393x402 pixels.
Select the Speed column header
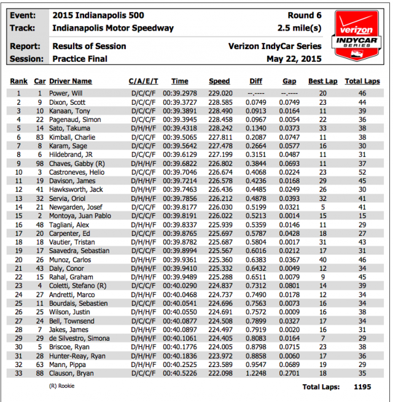click(x=219, y=82)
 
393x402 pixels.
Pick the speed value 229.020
click(x=219, y=93)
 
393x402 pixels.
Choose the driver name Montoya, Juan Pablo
click(x=80, y=216)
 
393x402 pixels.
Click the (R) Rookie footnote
click(x=63, y=386)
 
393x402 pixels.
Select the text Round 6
click(x=305, y=15)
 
